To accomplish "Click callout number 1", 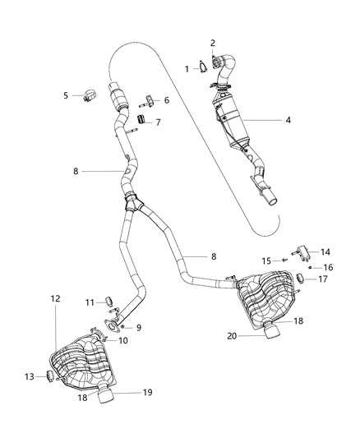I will point(187,68).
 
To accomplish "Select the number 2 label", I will point(213,43).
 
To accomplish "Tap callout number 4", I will point(288,121).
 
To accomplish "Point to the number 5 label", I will point(67,95).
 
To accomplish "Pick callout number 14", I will point(325,251).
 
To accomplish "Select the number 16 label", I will point(328,268).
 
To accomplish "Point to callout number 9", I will point(138,327).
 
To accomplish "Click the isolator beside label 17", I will point(302,279).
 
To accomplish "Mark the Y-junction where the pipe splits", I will point(132,201).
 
